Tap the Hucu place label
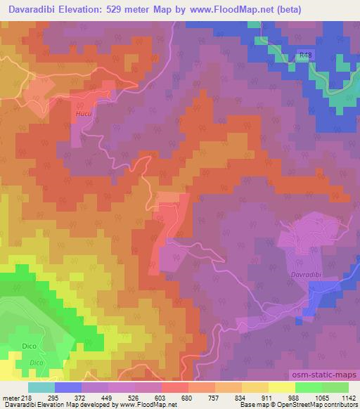click(x=83, y=111)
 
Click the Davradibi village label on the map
click(x=306, y=275)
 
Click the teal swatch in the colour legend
click(x=41, y=387)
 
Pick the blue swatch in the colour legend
click(x=68, y=387)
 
